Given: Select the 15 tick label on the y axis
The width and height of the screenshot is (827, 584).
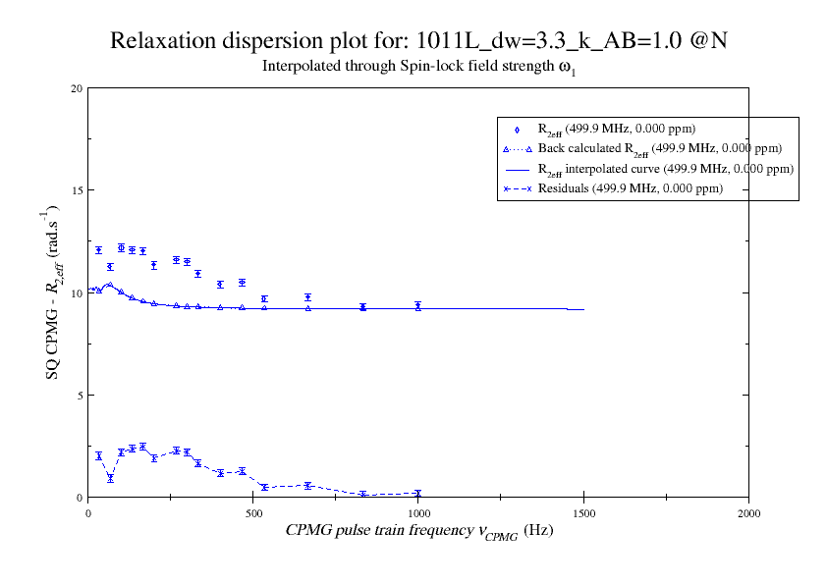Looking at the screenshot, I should click(76, 190).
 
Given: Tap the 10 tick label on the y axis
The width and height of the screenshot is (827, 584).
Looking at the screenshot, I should click(76, 292).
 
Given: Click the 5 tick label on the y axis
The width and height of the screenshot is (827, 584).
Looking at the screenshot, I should click(79, 395).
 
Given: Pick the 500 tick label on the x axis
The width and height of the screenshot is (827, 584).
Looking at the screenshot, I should click(253, 512).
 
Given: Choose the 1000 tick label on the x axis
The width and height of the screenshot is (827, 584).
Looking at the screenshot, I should click(418, 512).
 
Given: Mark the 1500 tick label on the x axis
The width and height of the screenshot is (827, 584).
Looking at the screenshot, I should click(583, 512).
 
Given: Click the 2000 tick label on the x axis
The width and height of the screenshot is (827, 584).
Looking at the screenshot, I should click(748, 512).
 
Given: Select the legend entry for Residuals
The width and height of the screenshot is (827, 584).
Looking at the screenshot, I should click(630, 188).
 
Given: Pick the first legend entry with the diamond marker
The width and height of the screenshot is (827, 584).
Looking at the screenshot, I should click(617, 129).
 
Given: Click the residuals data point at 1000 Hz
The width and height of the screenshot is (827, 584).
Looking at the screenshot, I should click(418, 494).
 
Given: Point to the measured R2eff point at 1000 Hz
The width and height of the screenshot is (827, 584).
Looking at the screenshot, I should click(418, 306).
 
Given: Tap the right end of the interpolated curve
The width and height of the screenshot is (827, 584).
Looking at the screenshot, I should click(583, 309).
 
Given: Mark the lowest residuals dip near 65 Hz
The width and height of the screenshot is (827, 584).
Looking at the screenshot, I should click(110, 479).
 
